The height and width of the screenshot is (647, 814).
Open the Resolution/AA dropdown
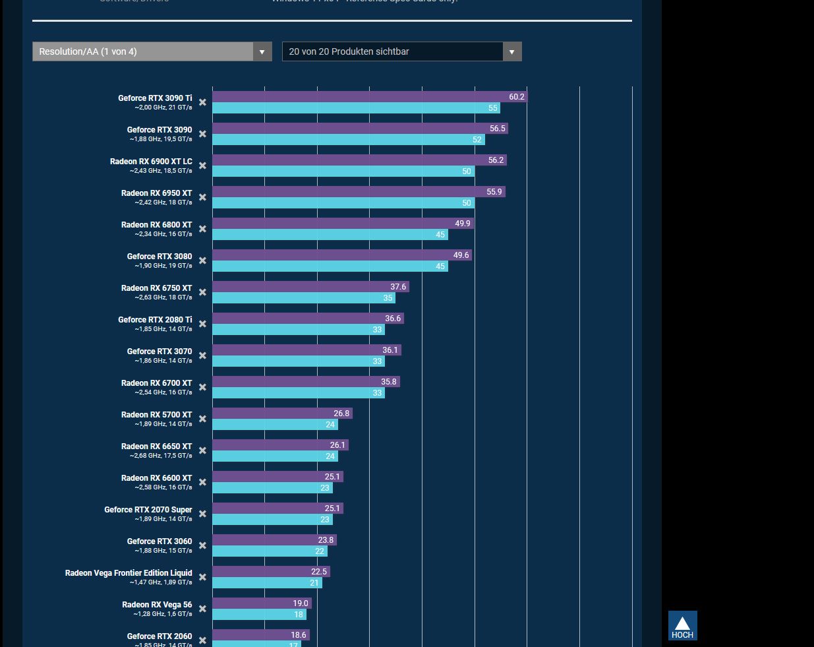(x=152, y=51)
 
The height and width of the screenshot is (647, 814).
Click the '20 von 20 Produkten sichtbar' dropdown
(x=401, y=51)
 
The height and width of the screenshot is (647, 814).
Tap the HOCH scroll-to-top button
(x=682, y=625)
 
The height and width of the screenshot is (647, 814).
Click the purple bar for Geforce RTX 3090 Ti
(x=356, y=97)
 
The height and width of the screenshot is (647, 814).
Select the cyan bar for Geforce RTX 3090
(x=343, y=140)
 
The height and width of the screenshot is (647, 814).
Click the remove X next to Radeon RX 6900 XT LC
(x=202, y=166)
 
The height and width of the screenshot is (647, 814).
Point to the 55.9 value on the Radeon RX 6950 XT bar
(x=494, y=192)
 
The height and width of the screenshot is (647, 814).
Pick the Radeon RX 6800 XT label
(x=156, y=225)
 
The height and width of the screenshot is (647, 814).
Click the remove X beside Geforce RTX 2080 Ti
(x=202, y=324)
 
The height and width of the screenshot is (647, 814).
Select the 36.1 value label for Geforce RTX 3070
(x=390, y=350)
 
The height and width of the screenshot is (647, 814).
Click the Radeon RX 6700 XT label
(x=156, y=383)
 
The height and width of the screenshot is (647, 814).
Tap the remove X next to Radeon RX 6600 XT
(x=202, y=482)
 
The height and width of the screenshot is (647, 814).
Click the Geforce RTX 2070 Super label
(x=148, y=510)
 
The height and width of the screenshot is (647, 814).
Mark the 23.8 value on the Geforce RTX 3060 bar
(x=326, y=540)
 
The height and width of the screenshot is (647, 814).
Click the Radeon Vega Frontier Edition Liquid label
(x=129, y=573)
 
